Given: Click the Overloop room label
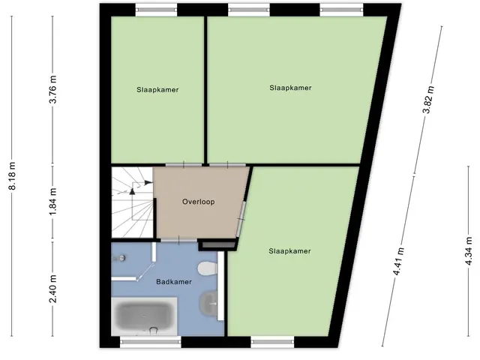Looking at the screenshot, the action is point(198,202).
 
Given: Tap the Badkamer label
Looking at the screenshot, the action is point(174,282).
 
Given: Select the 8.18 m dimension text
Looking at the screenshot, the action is point(12,175).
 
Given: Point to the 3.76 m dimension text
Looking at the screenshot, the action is point(53,89).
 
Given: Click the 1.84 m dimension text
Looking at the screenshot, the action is point(53,202).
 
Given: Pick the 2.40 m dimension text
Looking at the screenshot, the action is point(53,288).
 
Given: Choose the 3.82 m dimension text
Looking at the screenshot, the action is point(428,100).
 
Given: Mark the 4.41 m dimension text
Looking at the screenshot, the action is point(399,261).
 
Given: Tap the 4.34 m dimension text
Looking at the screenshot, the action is point(469,251).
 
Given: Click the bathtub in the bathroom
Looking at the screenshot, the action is point(144,316).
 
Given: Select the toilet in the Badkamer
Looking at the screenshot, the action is point(207,268).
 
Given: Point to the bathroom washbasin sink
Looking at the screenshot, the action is point(208,303).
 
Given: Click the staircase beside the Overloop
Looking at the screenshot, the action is point(132,202).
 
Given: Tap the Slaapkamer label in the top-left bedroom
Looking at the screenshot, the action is point(157,90).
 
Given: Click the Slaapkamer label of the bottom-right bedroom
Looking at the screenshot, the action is point(289,251).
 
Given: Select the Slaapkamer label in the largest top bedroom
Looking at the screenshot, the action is point(290,88).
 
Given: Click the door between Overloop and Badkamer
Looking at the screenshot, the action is point(179,240).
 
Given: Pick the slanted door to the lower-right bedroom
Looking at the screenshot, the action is point(241,219).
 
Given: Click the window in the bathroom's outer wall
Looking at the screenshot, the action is point(150,341).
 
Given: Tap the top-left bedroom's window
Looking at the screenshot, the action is point(157,10).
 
